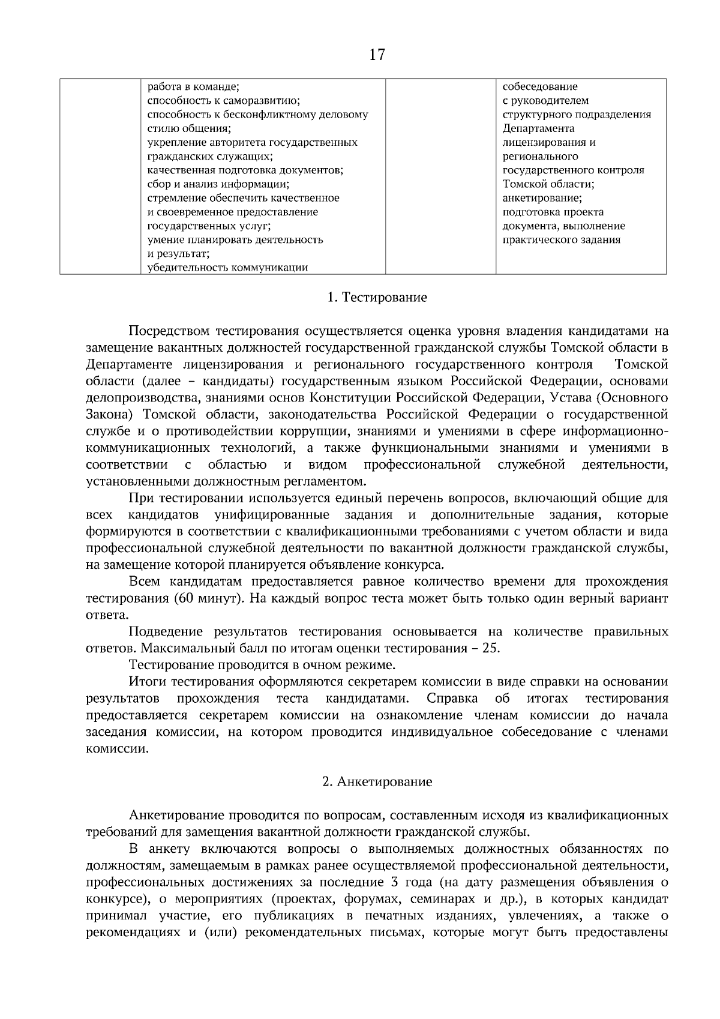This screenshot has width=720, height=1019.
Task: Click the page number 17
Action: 377,56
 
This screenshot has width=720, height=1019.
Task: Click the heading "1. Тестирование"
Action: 377,298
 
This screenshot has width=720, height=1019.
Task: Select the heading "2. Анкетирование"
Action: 377,782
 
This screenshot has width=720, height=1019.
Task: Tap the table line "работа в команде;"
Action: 194,86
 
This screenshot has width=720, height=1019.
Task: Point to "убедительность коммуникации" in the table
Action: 227,268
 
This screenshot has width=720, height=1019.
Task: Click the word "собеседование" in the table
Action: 540,86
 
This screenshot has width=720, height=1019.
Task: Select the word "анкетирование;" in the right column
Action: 542,198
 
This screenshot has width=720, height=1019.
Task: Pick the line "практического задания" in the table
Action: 561,240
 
